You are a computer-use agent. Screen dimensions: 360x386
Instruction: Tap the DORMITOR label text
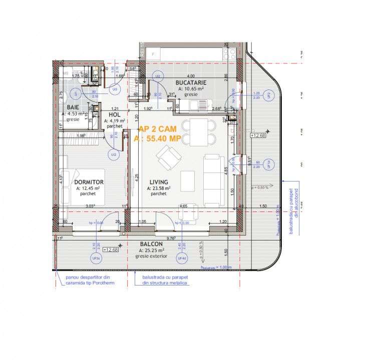89,182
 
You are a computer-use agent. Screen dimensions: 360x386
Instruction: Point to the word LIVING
159,182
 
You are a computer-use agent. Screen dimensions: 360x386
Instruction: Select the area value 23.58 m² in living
159,188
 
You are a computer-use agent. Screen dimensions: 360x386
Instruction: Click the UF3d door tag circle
96,258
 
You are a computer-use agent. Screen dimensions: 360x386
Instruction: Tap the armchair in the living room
166,159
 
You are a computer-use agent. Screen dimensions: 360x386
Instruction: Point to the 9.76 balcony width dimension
171,238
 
